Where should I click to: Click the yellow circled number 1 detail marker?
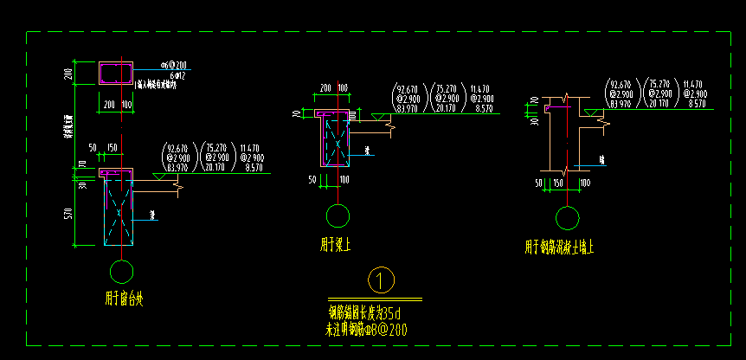tap(381, 280)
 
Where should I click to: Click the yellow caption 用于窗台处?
tap(124, 299)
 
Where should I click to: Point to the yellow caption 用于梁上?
tap(336, 245)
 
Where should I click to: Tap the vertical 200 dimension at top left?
tap(68, 74)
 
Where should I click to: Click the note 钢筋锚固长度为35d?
tap(364, 312)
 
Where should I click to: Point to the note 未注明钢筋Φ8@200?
tap(365, 329)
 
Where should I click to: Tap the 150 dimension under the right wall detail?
tap(558, 183)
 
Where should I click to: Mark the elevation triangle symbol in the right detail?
tap(588, 112)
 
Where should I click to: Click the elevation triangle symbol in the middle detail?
tap(378, 115)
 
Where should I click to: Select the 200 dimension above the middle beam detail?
tap(325, 88)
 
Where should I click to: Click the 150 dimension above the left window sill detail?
tap(112, 148)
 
